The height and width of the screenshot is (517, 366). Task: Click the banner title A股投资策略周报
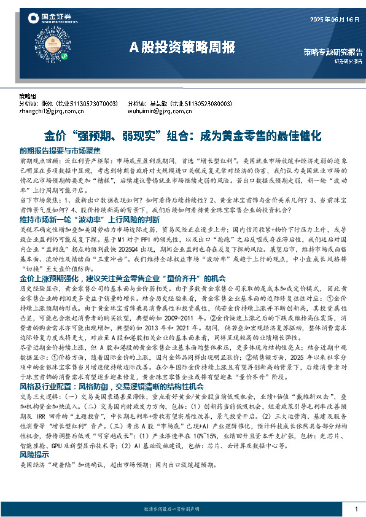click(182, 47)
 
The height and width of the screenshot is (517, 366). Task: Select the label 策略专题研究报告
click(332, 52)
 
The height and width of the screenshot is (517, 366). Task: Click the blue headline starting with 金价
click(182, 134)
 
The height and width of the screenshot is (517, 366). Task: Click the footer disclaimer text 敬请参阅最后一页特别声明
click(182, 510)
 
